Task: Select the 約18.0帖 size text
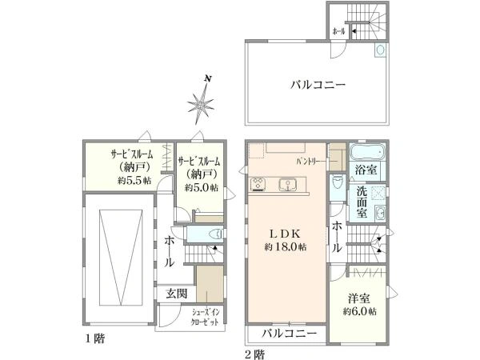coord(286,247)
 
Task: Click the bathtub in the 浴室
coord(367,152)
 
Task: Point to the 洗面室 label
coord(362,202)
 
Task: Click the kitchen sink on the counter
coord(287,185)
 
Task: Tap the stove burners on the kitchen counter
coord(258,185)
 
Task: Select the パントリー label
coord(310,161)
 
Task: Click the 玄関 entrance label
coord(176,294)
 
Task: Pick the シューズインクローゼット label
coord(205,317)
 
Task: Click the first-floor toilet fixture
coord(215,234)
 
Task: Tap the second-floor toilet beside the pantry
coord(338,182)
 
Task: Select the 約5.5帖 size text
coord(134,180)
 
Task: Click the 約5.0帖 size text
coord(202,187)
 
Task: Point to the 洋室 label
coord(358,298)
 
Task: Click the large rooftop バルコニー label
coord(318,85)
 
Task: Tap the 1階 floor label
coord(95,339)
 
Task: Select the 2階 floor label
coord(254,354)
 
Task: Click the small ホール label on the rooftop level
coord(338,31)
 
